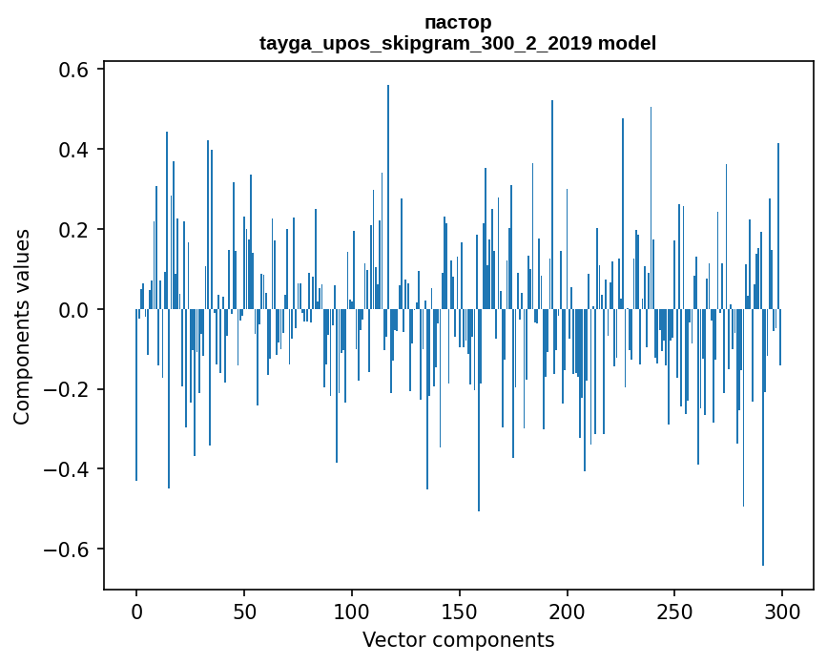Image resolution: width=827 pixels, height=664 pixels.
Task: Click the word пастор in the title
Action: [x=458, y=22]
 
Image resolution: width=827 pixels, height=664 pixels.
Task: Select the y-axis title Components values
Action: [x=22, y=326]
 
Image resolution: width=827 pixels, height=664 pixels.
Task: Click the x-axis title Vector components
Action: [x=458, y=639]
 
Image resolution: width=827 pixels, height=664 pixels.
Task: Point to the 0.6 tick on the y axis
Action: [x=71, y=70]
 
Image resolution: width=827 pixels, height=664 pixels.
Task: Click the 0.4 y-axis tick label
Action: [x=71, y=150]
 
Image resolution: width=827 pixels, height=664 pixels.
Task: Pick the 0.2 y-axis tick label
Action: [x=71, y=230]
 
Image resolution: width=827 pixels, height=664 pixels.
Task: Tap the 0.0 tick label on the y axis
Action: [x=71, y=310]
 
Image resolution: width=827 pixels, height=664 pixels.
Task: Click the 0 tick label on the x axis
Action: [x=136, y=611]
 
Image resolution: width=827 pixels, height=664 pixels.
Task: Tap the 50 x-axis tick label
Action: [x=244, y=611]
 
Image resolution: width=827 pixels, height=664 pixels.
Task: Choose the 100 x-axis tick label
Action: [x=352, y=611]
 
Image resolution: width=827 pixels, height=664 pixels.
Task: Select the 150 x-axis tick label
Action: [x=460, y=611]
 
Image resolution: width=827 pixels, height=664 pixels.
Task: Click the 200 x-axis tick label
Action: [x=568, y=611]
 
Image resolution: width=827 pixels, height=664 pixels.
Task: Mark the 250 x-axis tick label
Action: [x=674, y=611]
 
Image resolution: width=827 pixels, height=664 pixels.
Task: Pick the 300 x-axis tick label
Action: [x=782, y=611]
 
